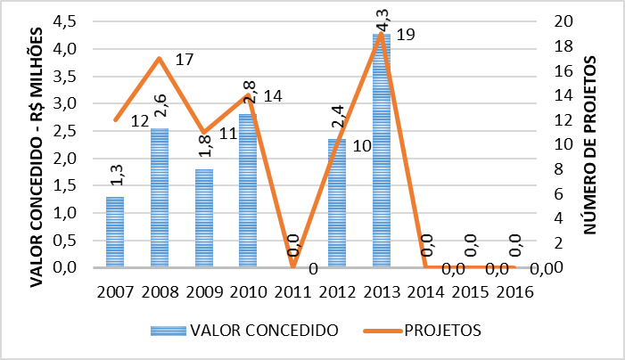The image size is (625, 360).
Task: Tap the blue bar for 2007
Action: coord(116,232)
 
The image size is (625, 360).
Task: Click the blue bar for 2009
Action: coord(205,218)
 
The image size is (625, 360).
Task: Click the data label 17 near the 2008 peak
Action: coord(185,61)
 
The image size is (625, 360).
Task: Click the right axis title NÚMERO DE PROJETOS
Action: coord(592,143)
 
